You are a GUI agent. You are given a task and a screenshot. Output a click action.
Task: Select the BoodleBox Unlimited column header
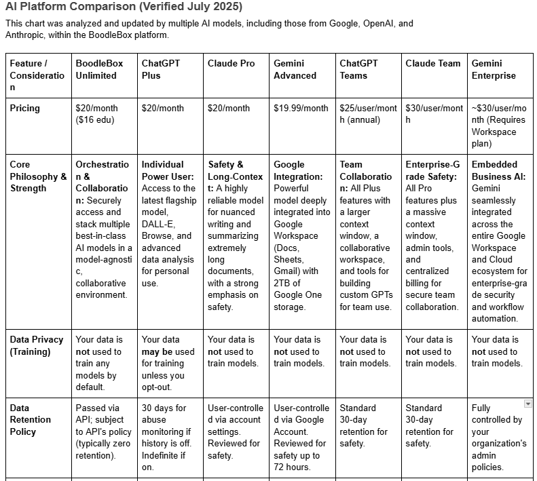(x=99, y=69)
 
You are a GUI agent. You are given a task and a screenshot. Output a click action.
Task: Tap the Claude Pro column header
(x=232, y=63)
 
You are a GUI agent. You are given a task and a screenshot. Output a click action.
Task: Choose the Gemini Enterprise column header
(x=494, y=69)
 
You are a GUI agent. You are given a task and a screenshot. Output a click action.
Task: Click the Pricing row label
(x=25, y=108)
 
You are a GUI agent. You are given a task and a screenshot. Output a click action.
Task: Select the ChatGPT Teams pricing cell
(x=368, y=114)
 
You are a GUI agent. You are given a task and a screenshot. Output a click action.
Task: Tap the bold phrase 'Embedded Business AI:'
(x=494, y=170)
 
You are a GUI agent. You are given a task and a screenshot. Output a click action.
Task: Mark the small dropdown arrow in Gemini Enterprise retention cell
(x=528, y=404)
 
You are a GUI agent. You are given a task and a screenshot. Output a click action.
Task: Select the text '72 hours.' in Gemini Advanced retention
(x=292, y=467)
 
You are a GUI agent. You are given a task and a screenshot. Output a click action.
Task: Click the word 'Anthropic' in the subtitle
(x=27, y=35)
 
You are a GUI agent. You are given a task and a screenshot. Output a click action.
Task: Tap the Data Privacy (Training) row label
(x=37, y=345)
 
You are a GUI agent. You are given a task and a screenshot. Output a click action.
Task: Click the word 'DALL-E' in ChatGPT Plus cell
(x=158, y=224)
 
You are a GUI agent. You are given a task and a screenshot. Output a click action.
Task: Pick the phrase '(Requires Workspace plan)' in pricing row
(x=496, y=132)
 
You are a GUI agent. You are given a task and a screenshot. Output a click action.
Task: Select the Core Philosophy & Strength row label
(x=38, y=176)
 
